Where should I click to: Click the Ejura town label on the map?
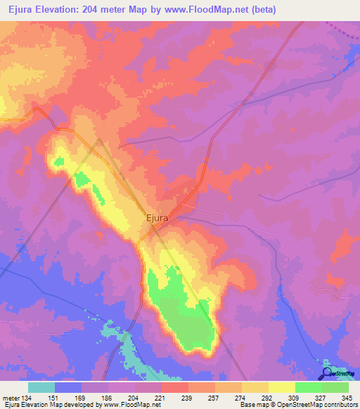point(157,218)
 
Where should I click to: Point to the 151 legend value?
point(68,398)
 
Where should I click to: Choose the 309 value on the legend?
point(293,398)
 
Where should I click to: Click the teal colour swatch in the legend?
point(41,387)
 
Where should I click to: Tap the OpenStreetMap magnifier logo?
point(328,373)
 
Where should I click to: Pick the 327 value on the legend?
point(321,398)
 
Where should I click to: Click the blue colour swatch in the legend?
point(68,387)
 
